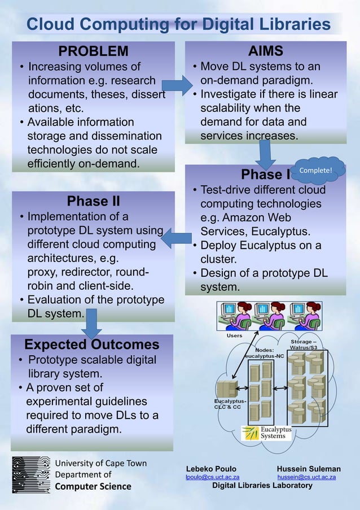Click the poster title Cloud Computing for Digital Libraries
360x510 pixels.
(x=179, y=25)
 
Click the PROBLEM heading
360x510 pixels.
(x=94, y=51)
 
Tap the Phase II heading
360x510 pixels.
(x=93, y=201)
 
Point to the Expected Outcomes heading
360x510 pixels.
(x=92, y=345)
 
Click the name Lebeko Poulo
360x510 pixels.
(x=212, y=469)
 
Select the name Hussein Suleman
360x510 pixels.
(x=309, y=469)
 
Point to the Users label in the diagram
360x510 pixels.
(x=234, y=335)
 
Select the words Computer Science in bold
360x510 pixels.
(x=93, y=486)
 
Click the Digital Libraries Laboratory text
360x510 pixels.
(x=262, y=486)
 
